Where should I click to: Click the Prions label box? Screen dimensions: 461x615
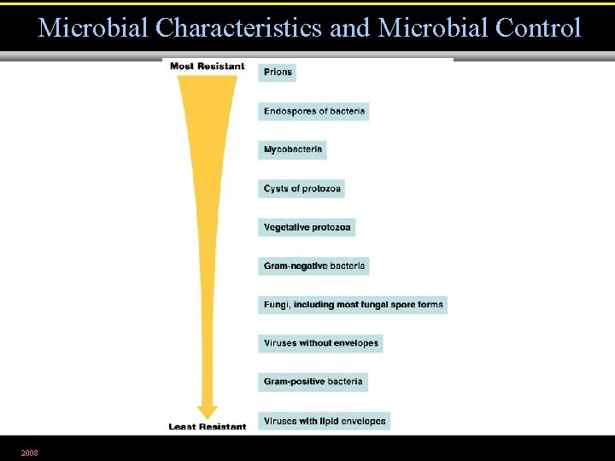277,72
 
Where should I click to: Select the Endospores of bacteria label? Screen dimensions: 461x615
313,111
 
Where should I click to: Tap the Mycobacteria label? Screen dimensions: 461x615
292,149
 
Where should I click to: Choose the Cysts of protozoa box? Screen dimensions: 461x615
302,189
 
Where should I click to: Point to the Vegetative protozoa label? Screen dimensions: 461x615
306,227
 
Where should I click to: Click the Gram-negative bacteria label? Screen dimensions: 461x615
313,266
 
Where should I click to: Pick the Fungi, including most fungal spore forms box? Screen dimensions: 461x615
353,305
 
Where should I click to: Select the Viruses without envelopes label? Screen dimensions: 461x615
320,343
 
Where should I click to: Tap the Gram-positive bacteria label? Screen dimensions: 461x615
313,382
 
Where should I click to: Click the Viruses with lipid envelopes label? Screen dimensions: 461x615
324,421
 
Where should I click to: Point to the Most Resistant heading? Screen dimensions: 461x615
207,66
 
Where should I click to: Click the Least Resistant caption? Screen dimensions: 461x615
207,427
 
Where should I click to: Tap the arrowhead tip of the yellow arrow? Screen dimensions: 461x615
208,416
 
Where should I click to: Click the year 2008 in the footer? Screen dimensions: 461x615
29,452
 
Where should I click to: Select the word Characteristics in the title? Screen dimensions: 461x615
239,28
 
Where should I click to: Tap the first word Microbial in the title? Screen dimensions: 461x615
93,28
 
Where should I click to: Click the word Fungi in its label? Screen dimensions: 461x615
276,305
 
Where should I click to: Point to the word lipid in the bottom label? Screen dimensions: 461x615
331,421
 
